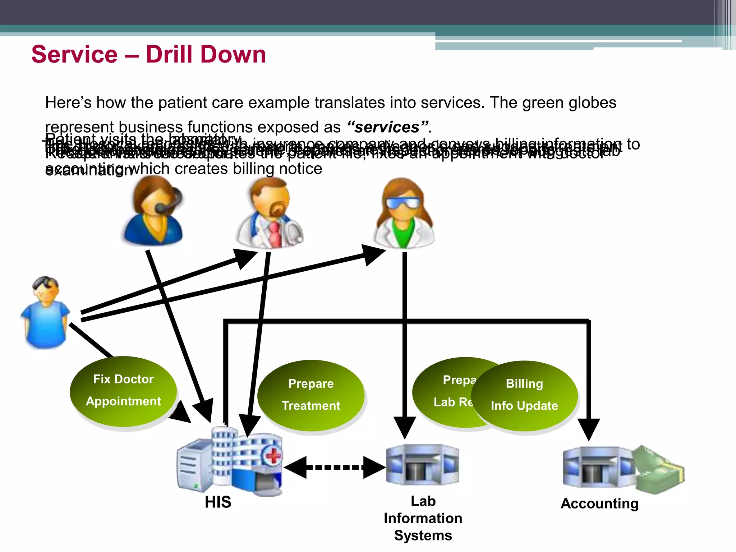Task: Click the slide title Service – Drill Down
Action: pos(148,55)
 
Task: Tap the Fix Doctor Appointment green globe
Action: pos(123,391)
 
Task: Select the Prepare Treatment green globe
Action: pos(311,395)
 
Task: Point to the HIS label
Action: pos(218,502)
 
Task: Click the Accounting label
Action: pos(599,503)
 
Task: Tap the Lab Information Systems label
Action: pos(423,518)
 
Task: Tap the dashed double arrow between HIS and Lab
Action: pos(335,467)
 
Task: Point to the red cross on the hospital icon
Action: pos(273,456)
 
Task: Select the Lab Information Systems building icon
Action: pos(422,465)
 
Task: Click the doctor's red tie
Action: pos(275,234)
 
